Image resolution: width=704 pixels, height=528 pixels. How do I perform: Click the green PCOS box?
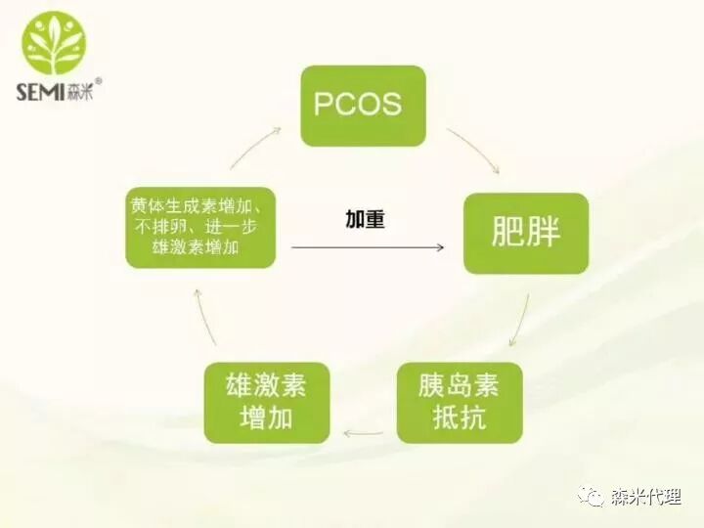coord(363,106)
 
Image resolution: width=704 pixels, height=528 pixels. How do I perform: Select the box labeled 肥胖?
coord(525,233)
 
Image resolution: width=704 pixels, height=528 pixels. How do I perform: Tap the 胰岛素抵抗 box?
coord(459,402)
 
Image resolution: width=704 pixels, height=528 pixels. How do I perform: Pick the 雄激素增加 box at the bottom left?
coord(266,402)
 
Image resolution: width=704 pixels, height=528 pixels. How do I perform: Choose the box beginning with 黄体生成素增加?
coord(200,227)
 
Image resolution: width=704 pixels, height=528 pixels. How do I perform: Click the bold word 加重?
coord(365,219)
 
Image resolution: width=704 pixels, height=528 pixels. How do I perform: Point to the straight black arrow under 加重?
coord(367,247)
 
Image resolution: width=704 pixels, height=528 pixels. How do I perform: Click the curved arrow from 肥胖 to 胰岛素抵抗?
coord(521,319)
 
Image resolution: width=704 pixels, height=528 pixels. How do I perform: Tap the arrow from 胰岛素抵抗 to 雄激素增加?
coord(362,432)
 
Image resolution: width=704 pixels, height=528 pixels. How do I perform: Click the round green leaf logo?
coord(54,44)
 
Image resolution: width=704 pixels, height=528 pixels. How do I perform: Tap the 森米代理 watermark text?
coord(646,497)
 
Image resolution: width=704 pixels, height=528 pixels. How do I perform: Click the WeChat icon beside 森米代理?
coord(592,497)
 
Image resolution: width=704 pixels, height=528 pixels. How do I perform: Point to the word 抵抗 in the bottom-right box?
coord(459,418)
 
